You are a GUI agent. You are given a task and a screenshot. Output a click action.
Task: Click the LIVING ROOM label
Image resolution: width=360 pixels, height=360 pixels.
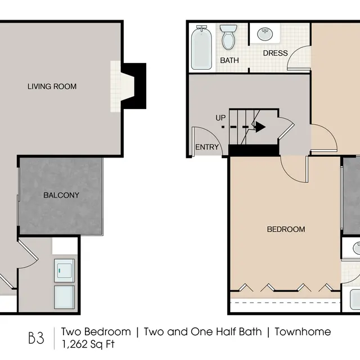[52, 87]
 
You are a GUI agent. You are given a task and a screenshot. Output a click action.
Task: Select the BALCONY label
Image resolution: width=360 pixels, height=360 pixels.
[61, 196]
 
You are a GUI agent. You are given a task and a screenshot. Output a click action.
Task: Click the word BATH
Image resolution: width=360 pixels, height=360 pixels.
[229, 60]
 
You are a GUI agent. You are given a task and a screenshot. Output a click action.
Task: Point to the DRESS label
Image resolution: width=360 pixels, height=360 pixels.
[275, 53]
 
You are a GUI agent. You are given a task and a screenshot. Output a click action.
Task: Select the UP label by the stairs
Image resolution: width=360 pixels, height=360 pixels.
[221, 118]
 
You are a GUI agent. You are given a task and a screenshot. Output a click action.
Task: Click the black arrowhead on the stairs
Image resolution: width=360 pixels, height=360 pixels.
[260, 127]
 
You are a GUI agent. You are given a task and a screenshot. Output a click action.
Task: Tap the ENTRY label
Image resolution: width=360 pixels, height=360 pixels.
[206, 147]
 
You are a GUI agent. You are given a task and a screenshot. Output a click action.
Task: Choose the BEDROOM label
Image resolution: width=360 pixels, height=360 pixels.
[286, 229]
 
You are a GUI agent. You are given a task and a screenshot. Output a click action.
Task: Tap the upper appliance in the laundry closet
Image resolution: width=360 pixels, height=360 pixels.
[64, 269]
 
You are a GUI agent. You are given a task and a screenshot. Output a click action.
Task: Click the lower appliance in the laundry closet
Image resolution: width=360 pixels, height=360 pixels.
[64, 296]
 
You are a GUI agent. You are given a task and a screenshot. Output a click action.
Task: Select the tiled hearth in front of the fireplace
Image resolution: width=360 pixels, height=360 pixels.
[116, 85]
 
